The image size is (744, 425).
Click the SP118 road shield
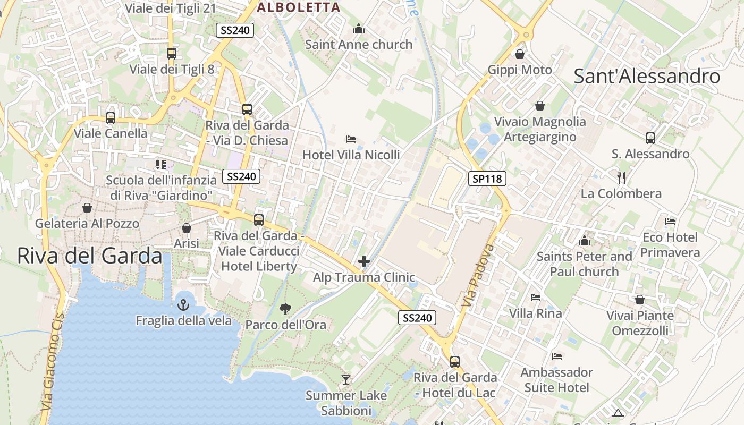[x=487, y=178]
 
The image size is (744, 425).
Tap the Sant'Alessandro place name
[x=647, y=76]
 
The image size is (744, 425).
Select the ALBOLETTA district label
[x=298, y=7]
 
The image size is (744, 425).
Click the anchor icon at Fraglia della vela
[x=183, y=305]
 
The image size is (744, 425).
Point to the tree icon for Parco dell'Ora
[x=285, y=309]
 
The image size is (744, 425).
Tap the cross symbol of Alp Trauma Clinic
[x=364, y=261]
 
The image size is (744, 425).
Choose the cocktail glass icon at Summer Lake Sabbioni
[x=346, y=379]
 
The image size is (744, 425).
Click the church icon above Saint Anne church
[x=359, y=29]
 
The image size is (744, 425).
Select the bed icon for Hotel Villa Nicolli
[x=351, y=139]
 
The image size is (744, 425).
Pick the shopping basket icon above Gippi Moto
[x=520, y=54]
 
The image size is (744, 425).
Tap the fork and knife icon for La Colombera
[x=621, y=177]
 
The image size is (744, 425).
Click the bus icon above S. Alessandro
[x=650, y=138]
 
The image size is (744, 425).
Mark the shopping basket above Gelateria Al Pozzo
[x=87, y=207]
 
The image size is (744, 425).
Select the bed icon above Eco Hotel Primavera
[x=670, y=221]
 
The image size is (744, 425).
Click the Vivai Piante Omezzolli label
[x=640, y=323]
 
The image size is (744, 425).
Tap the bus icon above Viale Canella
[x=111, y=117]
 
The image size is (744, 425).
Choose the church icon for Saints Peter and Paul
[x=585, y=241]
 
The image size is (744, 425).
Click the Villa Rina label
[x=535, y=313]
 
